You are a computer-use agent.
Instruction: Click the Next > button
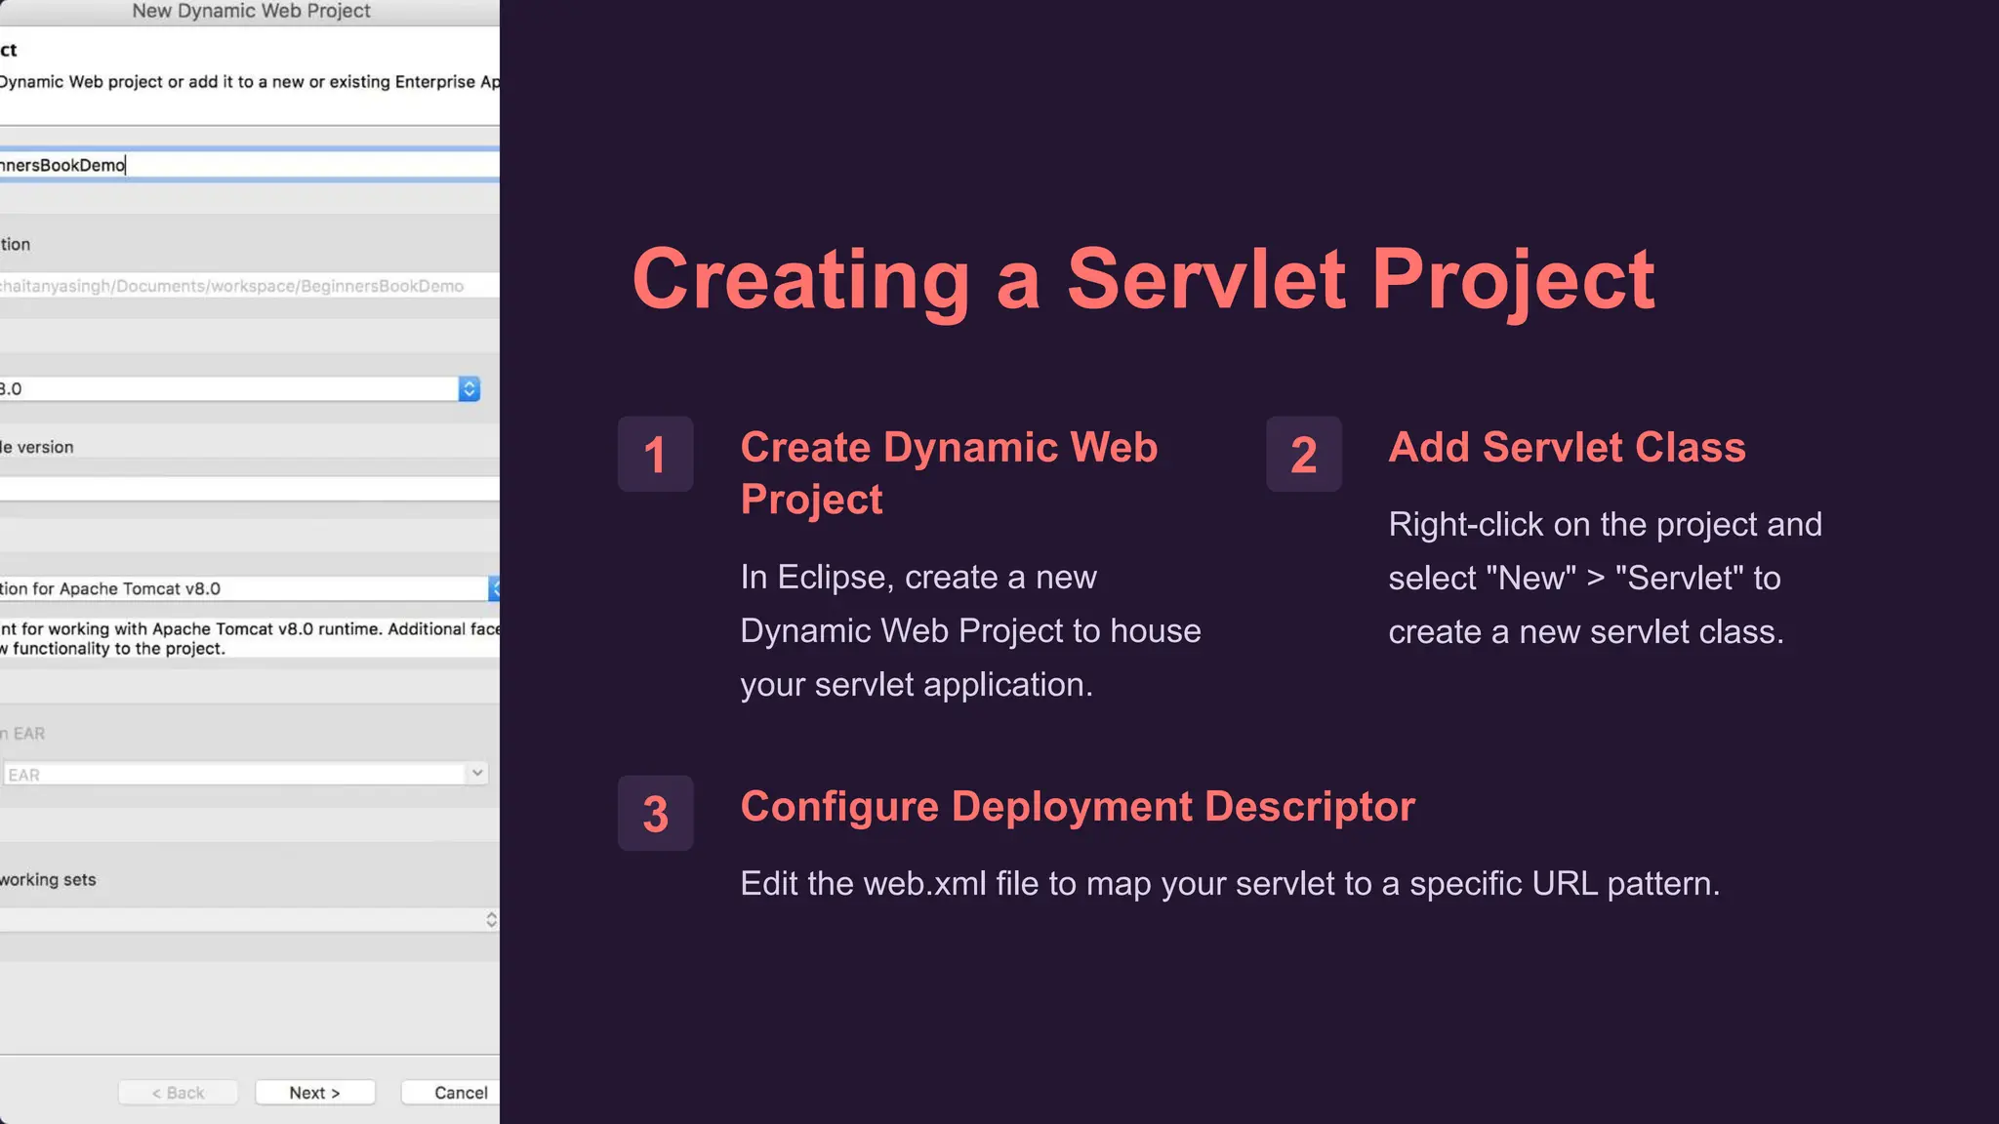tap(314, 1093)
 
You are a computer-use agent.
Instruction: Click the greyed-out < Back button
tap(178, 1093)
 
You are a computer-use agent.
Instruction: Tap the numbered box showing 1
tap(655, 455)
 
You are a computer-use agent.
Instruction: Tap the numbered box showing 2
tap(1303, 455)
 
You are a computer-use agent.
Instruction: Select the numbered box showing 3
tap(655, 814)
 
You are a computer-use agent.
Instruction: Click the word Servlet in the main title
tap(1207, 280)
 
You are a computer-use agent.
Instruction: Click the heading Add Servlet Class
tap(1567, 447)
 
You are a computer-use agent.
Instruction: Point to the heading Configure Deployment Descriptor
tap(1078, 807)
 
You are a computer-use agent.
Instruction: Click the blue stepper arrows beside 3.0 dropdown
tap(469, 389)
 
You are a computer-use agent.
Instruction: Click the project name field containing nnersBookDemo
tap(244, 165)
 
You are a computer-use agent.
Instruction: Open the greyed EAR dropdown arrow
tap(476, 774)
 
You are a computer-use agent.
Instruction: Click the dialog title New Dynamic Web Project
tap(251, 12)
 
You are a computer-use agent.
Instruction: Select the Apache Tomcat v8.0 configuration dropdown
tap(244, 588)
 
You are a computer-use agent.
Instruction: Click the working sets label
tap(48, 880)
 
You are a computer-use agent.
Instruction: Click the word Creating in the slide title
tap(800, 280)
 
